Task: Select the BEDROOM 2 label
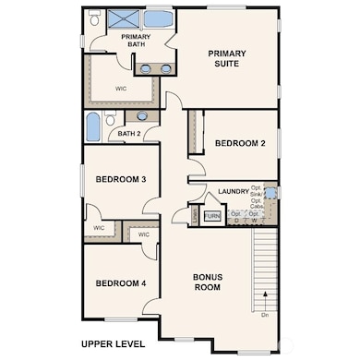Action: click(240, 143)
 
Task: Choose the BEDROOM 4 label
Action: click(121, 282)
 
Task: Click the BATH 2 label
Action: click(129, 135)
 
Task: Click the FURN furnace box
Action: click(212, 216)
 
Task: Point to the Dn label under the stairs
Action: click(265, 315)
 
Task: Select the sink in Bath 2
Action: click(141, 116)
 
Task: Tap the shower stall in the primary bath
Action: click(123, 18)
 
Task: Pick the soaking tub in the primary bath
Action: click(160, 18)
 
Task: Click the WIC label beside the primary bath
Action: click(121, 89)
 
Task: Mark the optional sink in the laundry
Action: click(269, 194)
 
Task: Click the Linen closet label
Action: click(195, 215)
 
